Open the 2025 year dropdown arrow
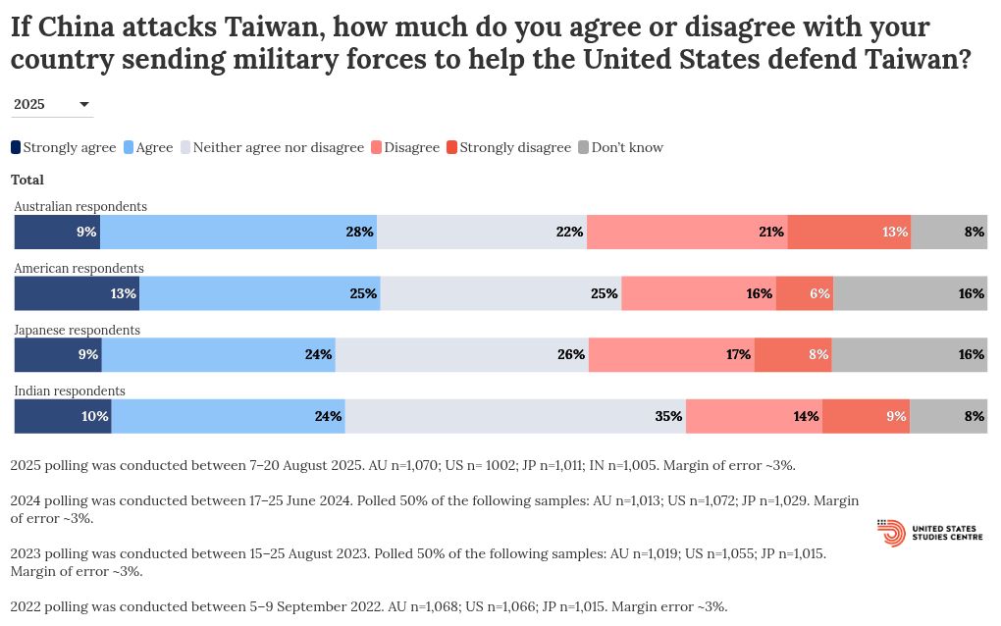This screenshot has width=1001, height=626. point(84,104)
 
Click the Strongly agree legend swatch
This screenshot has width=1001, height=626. point(16,147)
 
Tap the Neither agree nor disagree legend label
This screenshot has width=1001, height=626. point(279,147)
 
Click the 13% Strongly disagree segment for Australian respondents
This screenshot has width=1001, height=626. point(849,233)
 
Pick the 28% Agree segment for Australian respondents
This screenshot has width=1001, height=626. point(238,233)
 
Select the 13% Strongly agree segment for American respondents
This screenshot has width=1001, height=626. point(77,293)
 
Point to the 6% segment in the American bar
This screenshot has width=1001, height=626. point(805,293)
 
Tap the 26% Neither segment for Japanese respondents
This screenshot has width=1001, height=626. point(462,354)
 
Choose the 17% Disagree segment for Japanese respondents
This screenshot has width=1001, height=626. point(672,354)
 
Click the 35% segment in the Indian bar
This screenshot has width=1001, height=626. point(515,416)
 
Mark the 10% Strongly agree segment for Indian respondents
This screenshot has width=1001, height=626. point(63,416)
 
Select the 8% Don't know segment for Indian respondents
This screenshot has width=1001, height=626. point(949,416)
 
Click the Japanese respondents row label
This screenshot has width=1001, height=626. point(78,330)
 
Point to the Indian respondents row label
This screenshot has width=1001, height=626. point(70,391)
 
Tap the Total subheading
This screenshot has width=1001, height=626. point(27,180)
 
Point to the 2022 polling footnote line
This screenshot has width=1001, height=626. point(369,606)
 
